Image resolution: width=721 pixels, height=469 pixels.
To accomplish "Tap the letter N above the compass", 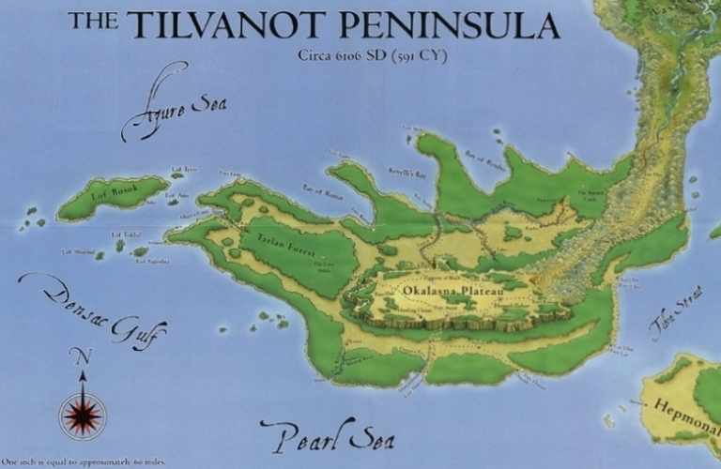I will pyautogui.click(x=83, y=356).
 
